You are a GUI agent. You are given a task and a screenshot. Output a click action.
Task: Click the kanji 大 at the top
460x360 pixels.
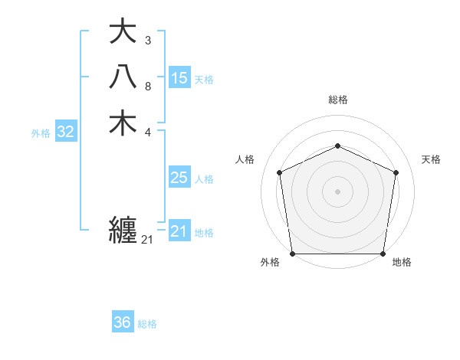123,32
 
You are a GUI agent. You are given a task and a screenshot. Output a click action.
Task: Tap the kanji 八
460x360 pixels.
123,77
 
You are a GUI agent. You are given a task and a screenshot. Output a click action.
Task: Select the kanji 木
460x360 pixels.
123,123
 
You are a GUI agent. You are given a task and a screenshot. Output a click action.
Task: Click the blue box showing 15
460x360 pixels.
179,77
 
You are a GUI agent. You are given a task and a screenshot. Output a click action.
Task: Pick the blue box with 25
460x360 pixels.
179,178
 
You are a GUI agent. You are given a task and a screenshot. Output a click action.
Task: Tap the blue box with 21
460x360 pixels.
179,231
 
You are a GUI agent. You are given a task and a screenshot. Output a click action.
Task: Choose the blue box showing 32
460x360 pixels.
66,132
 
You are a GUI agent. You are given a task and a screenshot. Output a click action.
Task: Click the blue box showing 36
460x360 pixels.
123,322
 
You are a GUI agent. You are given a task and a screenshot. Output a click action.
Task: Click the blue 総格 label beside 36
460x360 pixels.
147,324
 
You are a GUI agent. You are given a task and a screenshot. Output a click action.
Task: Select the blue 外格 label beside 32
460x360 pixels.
41,133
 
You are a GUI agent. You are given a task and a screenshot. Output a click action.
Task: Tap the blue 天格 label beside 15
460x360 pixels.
204,79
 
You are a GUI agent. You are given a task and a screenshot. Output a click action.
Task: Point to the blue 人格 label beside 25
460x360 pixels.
204,179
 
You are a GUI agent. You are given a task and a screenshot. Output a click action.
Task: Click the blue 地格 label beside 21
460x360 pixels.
204,233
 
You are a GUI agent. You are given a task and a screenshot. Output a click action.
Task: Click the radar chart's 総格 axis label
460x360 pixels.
337,100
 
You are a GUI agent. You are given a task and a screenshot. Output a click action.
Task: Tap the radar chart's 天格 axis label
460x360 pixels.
432,159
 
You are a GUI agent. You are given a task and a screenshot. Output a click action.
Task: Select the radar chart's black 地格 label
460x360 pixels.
402,263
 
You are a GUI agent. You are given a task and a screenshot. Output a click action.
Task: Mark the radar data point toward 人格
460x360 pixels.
280,172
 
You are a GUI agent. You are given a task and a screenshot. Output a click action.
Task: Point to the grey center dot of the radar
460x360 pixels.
337,191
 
